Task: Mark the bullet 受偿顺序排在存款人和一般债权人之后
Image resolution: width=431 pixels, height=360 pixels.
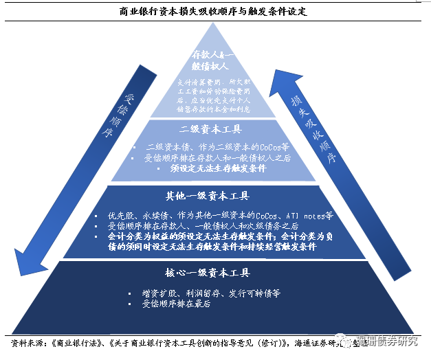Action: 216,158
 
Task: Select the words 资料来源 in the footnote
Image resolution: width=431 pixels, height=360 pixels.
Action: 27,341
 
